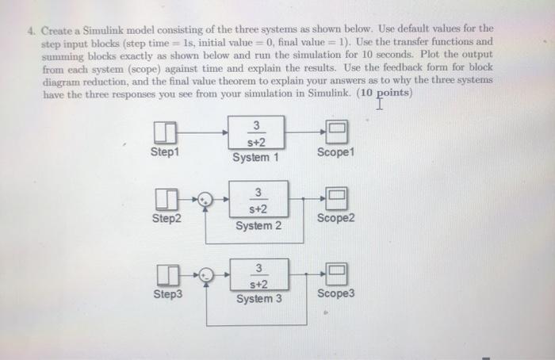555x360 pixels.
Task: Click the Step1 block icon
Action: coord(165,131)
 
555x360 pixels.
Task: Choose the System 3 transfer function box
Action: coord(258,276)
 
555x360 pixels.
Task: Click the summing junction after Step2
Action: coord(206,200)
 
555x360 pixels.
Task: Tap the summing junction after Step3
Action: coord(207,276)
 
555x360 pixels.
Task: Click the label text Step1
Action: coord(165,151)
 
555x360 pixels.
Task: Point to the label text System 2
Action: coord(258,226)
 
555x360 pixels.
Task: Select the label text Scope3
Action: coord(336,294)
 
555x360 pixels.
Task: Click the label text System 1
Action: coord(256,158)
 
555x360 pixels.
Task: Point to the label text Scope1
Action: coord(335,151)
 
